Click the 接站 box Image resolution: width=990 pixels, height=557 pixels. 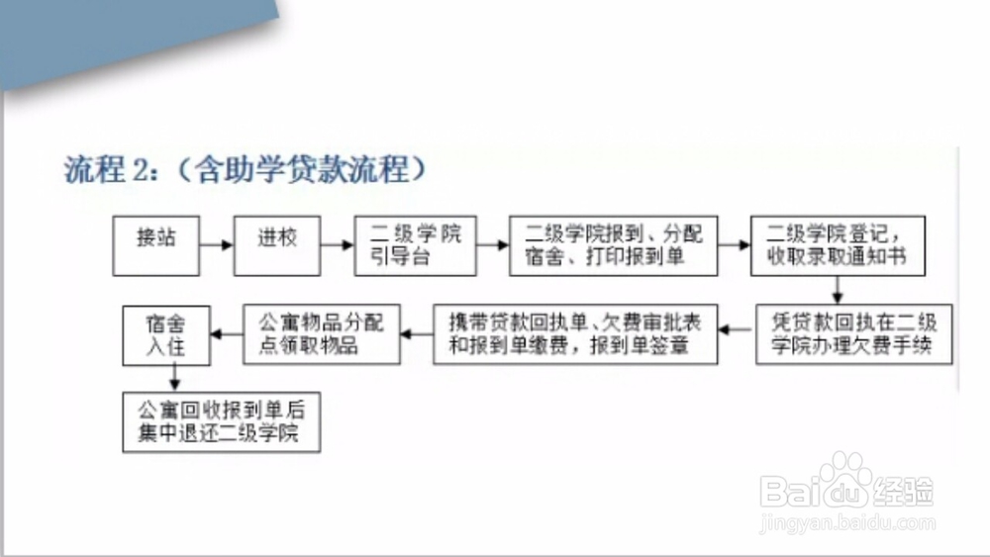click(x=156, y=246)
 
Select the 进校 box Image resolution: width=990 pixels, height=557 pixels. click(x=277, y=246)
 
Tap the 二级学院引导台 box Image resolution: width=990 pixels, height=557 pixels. click(x=416, y=246)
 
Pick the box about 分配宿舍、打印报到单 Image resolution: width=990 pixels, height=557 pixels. click(x=614, y=246)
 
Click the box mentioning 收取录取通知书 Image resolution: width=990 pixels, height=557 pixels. click(x=838, y=246)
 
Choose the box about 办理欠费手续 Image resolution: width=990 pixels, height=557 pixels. click(x=854, y=334)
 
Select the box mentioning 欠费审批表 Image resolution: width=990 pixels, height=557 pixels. click(x=575, y=334)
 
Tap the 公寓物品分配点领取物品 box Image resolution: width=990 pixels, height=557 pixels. click(x=322, y=334)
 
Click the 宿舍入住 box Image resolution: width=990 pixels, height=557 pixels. click(x=166, y=335)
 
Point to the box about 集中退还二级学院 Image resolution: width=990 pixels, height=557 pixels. click(x=222, y=422)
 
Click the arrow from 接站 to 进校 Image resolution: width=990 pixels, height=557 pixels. click(x=217, y=244)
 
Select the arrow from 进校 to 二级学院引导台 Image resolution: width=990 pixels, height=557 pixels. click(x=338, y=244)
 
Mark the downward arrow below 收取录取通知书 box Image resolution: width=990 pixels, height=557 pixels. click(x=838, y=290)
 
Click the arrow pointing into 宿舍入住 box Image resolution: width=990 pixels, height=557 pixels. click(x=227, y=333)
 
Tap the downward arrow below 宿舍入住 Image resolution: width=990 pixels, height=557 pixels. click(x=175, y=379)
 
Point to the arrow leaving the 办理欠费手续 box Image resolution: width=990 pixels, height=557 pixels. click(x=737, y=329)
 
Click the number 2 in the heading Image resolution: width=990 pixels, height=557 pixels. click(x=140, y=170)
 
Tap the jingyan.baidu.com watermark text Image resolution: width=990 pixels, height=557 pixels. click(x=847, y=523)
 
